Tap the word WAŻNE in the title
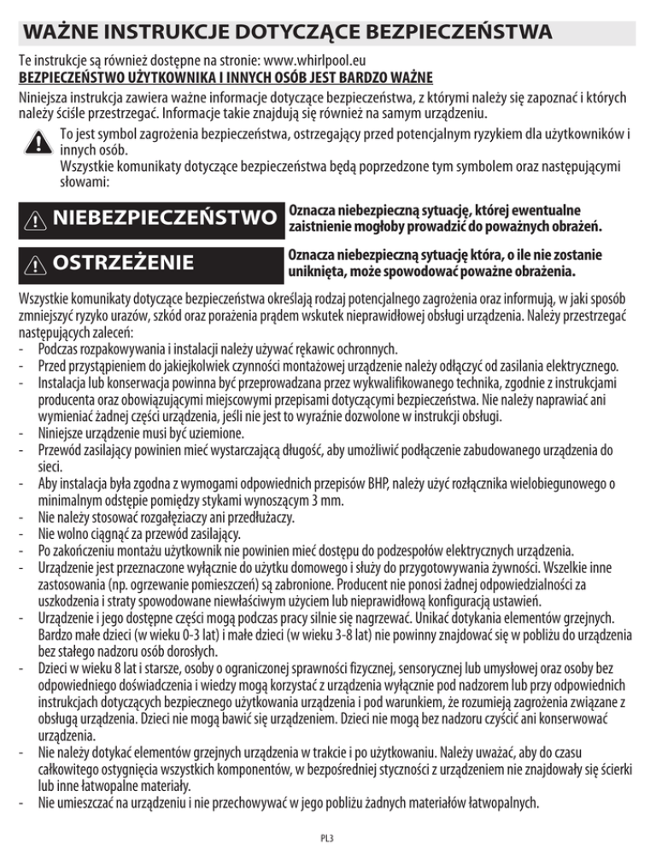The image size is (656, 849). click(x=62, y=34)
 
